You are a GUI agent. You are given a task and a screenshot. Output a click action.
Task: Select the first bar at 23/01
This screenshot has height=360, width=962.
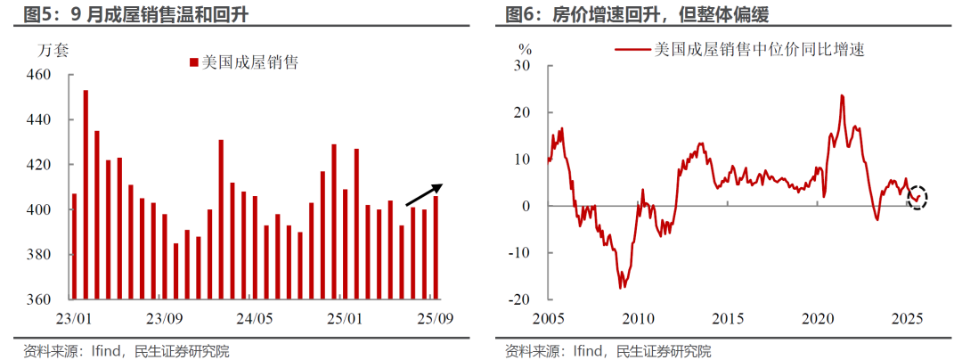[x=74, y=246]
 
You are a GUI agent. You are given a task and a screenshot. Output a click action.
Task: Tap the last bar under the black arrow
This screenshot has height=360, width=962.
[x=436, y=247]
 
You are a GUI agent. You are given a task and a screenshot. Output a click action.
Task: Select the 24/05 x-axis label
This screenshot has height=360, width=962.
[x=255, y=318]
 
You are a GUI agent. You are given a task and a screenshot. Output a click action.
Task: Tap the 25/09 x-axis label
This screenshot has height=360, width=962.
[x=436, y=318]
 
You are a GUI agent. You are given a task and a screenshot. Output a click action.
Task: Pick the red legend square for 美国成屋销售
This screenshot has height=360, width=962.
[x=192, y=62]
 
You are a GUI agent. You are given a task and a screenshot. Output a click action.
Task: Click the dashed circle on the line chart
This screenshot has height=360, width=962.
[x=918, y=198]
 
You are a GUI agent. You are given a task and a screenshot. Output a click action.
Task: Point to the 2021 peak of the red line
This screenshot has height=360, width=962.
[x=842, y=95]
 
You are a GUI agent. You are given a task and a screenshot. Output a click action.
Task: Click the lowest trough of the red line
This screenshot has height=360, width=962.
[x=622, y=287]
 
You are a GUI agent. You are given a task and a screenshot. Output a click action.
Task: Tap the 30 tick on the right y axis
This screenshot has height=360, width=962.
[x=523, y=67]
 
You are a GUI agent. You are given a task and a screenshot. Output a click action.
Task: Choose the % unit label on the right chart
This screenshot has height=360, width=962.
[x=526, y=48]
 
